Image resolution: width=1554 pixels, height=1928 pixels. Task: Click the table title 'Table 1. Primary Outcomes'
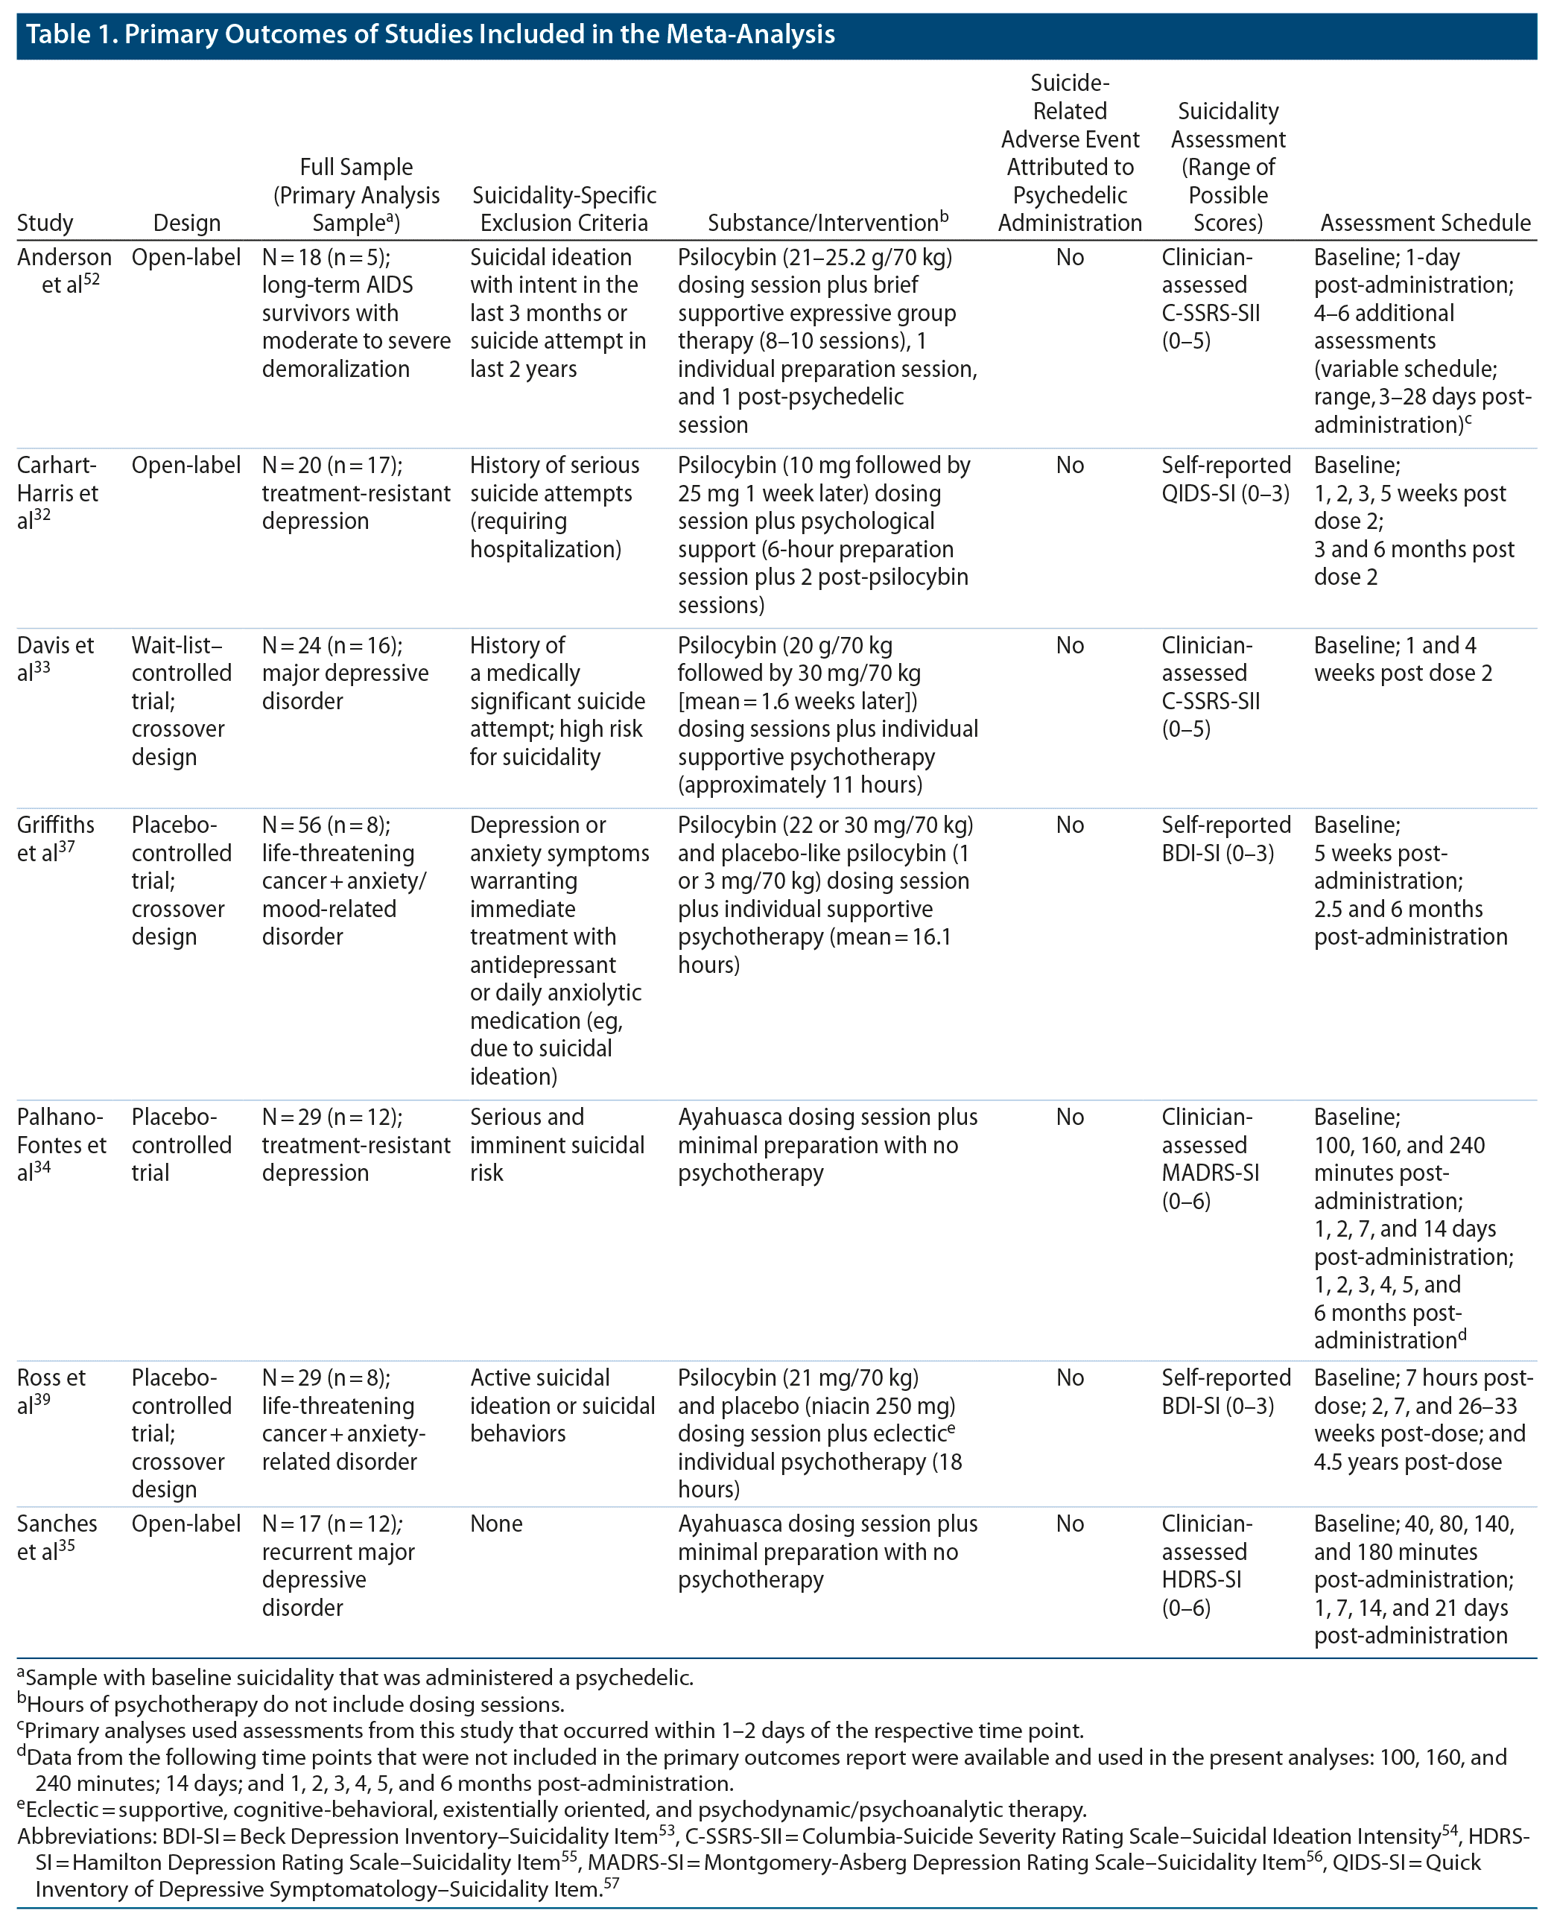click(430, 35)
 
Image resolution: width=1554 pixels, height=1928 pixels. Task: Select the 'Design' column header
click(186, 223)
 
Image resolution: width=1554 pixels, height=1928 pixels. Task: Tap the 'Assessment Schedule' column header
click(1425, 223)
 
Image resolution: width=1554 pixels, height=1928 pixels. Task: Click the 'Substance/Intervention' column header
click(822, 223)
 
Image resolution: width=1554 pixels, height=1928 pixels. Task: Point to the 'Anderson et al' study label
click(63, 271)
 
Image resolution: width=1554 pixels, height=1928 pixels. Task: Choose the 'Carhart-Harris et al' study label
click(57, 493)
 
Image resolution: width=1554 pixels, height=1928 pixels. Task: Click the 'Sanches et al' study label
click(57, 1538)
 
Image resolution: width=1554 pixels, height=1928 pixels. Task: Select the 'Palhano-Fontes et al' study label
click(61, 1145)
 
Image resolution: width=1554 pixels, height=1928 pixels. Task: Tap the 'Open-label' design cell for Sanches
click(186, 1524)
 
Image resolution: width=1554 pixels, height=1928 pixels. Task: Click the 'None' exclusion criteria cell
click(496, 1524)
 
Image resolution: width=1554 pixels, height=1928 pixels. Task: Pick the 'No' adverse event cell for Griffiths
click(1070, 825)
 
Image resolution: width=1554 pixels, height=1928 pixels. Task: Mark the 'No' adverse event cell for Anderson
click(1070, 258)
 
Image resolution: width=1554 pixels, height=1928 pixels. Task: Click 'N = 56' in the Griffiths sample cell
click(292, 825)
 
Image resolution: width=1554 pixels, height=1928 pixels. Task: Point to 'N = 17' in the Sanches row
click(292, 1524)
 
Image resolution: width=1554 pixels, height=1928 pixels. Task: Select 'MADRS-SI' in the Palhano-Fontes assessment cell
click(1211, 1173)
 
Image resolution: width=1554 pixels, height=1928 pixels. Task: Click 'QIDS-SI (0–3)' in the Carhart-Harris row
click(1225, 494)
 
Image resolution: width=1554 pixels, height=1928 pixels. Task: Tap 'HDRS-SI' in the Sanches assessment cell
click(1202, 1580)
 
